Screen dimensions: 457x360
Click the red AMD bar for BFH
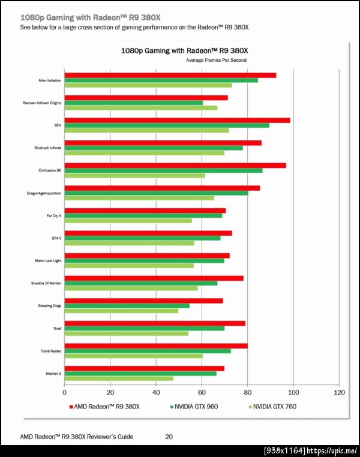tap(177, 121)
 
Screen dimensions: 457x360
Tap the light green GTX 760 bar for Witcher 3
tap(119, 378)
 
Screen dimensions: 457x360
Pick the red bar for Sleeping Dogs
tap(143, 300)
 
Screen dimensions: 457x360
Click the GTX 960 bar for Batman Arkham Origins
tap(133, 103)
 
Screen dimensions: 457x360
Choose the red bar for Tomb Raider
tap(156, 345)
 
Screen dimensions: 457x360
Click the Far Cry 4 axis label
tap(54, 215)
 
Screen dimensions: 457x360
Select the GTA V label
tap(57, 238)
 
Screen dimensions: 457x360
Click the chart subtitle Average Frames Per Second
tap(216, 61)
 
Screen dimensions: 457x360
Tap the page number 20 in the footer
tap(169, 437)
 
